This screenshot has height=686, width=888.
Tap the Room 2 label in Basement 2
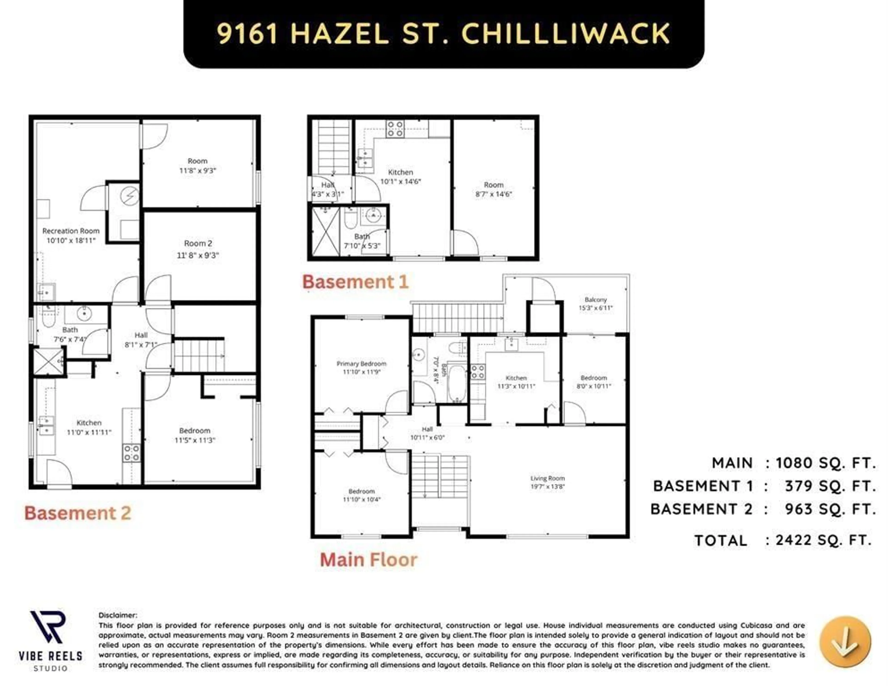(x=198, y=243)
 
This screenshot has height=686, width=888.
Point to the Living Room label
(x=547, y=478)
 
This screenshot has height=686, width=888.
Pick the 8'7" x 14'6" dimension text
(x=494, y=194)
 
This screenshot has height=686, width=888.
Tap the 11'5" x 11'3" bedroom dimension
(x=195, y=440)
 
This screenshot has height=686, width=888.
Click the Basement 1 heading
(x=355, y=282)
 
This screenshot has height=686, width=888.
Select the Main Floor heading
(x=368, y=560)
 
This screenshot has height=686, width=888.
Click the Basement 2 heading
(x=78, y=513)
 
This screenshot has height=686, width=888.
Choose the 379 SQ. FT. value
(x=829, y=486)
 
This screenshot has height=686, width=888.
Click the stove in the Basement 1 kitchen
(x=395, y=129)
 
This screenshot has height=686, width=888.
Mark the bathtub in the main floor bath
(x=457, y=383)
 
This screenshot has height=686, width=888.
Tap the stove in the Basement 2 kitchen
(x=131, y=453)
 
